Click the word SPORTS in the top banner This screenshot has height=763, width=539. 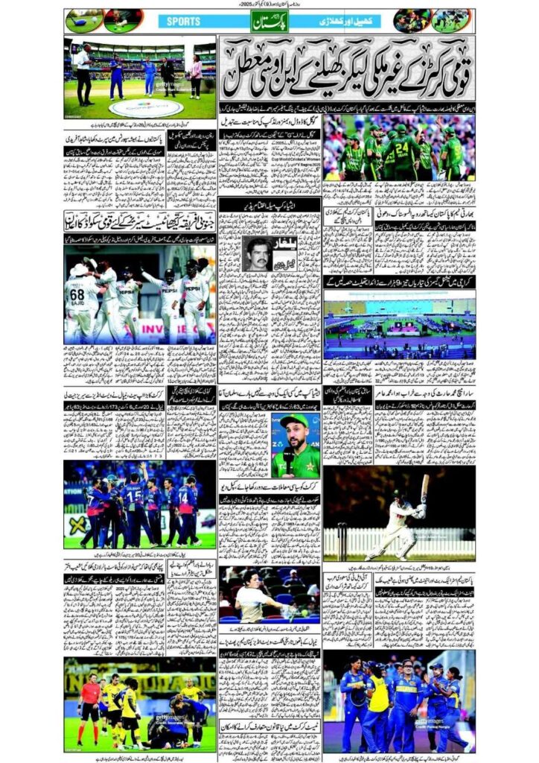tap(179, 22)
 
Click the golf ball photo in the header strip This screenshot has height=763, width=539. tap(84, 21)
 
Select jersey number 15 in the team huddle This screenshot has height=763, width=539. tap(133, 493)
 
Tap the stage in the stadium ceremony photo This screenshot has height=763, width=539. tap(401, 326)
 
